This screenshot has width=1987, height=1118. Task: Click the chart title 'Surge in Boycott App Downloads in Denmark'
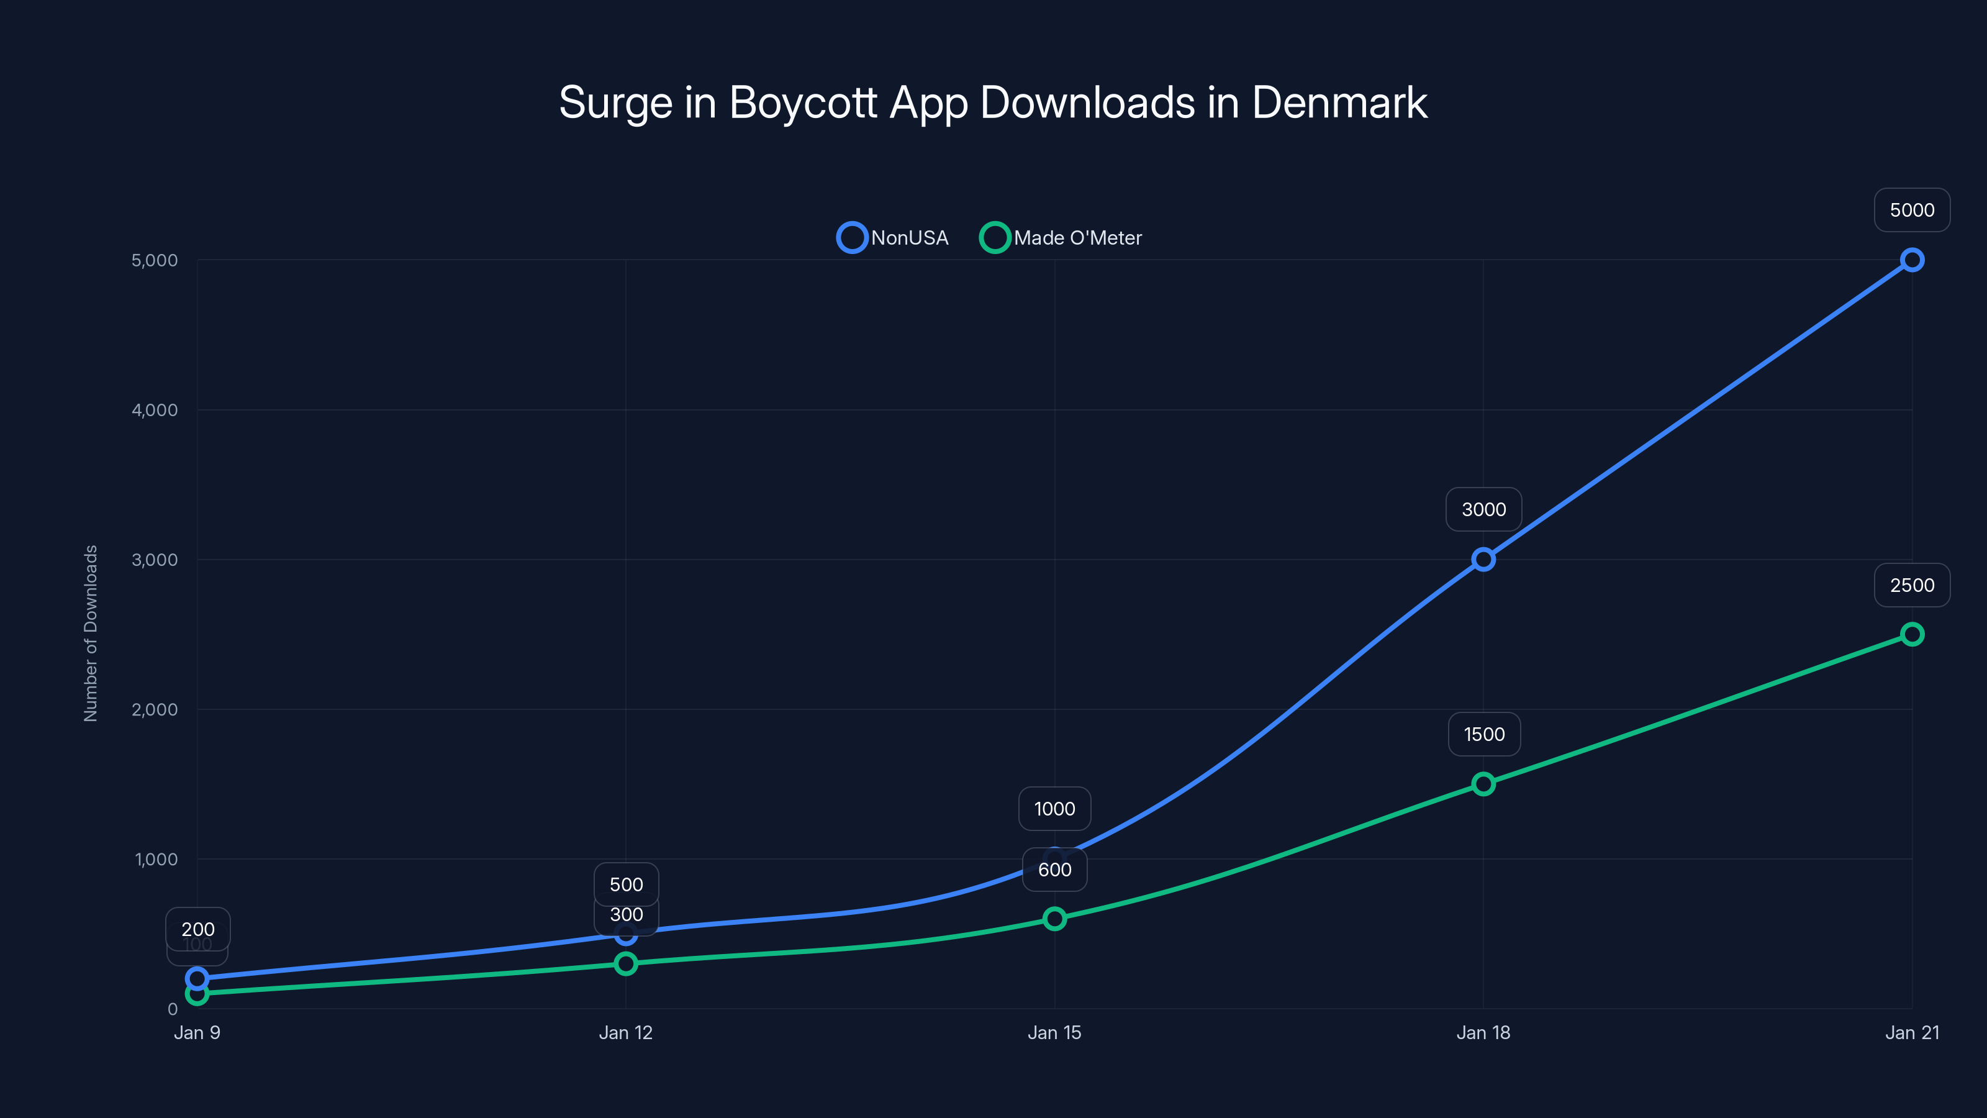click(x=993, y=102)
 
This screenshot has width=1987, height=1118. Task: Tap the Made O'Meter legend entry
click(x=1061, y=238)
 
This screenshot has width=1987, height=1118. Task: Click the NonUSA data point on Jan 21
click(x=1911, y=260)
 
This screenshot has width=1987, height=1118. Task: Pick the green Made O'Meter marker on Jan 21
click(x=1911, y=634)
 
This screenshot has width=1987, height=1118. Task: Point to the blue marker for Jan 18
click(x=1483, y=560)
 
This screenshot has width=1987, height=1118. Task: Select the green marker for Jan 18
click(x=1483, y=784)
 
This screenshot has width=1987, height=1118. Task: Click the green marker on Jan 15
click(x=1054, y=918)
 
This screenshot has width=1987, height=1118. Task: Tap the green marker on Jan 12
click(x=625, y=963)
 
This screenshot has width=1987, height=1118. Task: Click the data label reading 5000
click(x=1911, y=210)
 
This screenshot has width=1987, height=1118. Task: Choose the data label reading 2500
click(x=1911, y=585)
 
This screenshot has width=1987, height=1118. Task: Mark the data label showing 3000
click(x=1483, y=509)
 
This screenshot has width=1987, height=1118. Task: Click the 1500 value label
click(x=1483, y=734)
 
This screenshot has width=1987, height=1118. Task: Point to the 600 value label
click(x=1054, y=870)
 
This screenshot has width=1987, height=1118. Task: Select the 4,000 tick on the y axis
click(x=154, y=410)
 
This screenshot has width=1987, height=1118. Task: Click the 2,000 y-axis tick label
click(x=154, y=709)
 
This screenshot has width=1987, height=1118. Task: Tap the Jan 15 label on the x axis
click(x=1054, y=1032)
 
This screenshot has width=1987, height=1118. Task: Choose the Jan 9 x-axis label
click(x=197, y=1032)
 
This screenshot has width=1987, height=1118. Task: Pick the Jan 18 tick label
click(x=1483, y=1032)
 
